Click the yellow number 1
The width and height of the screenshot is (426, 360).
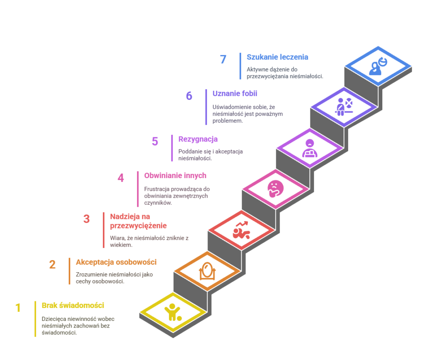click(x=18, y=308)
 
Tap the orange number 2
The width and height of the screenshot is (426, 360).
click(x=52, y=265)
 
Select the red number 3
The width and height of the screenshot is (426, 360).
click(x=86, y=219)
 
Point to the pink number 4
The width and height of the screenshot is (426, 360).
click(x=120, y=178)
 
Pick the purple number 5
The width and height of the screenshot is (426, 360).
click(x=155, y=142)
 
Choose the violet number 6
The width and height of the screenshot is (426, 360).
click(x=189, y=96)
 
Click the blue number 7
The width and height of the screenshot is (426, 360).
click(x=223, y=60)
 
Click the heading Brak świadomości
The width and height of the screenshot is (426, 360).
click(x=73, y=305)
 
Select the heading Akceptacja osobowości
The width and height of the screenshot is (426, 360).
click(x=116, y=262)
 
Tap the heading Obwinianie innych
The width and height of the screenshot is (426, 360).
click(x=175, y=176)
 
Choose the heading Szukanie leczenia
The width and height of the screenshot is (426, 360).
click(x=277, y=57)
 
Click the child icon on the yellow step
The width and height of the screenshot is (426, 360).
click(x=173, y=312)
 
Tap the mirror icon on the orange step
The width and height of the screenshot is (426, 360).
click(x=207, y=271)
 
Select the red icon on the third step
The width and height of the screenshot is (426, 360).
click(x=241, y=231)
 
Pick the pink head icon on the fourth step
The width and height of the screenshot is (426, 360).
click(x=275, y=189)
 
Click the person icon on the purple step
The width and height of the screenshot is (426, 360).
click(x=310, y=148)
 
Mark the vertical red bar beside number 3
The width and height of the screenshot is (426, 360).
click(x=104, y=230)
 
